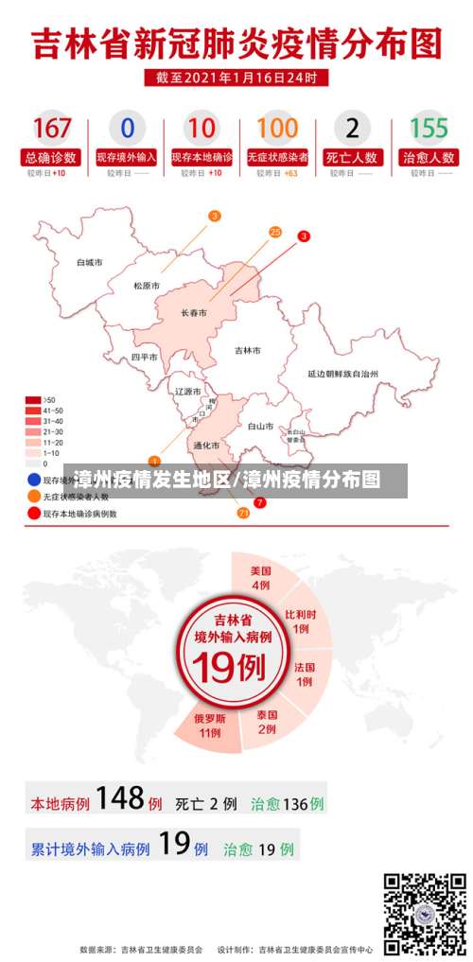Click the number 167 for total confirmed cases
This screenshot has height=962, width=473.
tap(51, 128)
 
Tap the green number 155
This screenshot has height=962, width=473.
tap(429, 128)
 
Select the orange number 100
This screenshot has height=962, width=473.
tap(277, 128)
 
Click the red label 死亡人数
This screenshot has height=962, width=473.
tap(352, 158)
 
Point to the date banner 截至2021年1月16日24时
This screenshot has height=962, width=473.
tap(236, 77)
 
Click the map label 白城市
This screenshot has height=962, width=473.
tap(90, 262)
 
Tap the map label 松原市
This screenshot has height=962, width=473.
tap(147, 286)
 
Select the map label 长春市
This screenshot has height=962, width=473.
tap(194, 313)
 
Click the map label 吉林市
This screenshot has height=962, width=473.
tap(248, 350)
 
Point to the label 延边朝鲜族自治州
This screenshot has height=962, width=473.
tap(342, 374)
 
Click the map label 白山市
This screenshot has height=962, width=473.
tap(261, 427)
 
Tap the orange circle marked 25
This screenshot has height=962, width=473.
tap(275, 231)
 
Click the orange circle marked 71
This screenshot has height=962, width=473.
tap(243, 513)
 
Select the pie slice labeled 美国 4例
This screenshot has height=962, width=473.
tap(260, 578)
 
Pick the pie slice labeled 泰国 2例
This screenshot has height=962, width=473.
tap(267, 722)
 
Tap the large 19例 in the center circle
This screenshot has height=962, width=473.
tap(232, 669)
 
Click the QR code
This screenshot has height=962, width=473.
tap(425, 912)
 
